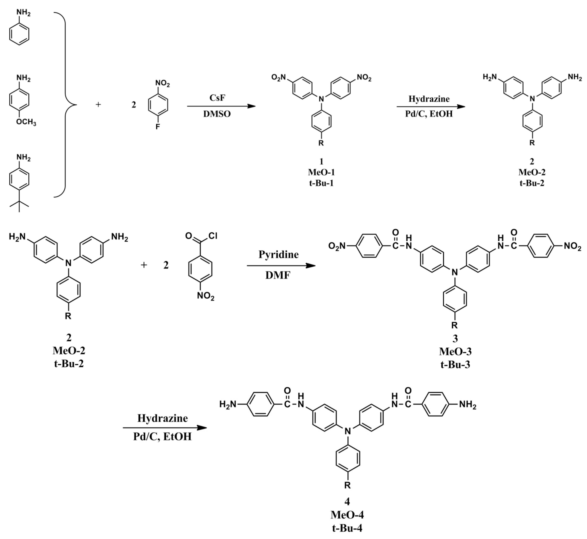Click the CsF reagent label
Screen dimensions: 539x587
(217, 98)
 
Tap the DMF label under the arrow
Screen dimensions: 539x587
(278, 275)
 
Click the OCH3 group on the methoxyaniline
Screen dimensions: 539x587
(26, 122)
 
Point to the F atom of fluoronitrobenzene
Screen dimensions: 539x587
(158, 127)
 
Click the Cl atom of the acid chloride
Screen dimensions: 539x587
(213, 236)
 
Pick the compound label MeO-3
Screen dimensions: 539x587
(455, 351)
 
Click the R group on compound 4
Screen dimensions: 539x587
(347, 485)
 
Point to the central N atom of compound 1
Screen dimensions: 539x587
(321, 99)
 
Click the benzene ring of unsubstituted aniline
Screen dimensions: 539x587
(19, 34)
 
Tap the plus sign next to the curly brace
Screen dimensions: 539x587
(98, 104)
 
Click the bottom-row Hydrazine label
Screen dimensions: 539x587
(162, 418)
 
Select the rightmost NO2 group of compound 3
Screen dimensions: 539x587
(572, 246)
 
